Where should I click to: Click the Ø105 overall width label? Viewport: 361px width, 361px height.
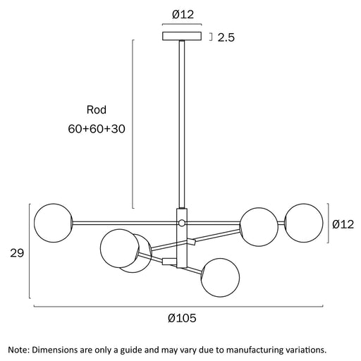[182, 318]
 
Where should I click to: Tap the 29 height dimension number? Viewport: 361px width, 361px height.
[17, 253]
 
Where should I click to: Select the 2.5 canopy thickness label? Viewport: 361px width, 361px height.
[226, 37]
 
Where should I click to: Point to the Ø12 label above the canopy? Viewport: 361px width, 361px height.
[183, 15]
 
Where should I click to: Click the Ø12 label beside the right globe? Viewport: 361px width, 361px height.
[343, 224]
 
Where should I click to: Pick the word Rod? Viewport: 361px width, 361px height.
[97, 110]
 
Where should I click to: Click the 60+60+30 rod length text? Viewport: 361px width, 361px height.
[97, 129]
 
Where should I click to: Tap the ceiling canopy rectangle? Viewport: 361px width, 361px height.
[182, 36]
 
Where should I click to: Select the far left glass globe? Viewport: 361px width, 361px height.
[54, 223]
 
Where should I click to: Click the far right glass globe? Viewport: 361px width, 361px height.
[304, 223]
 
